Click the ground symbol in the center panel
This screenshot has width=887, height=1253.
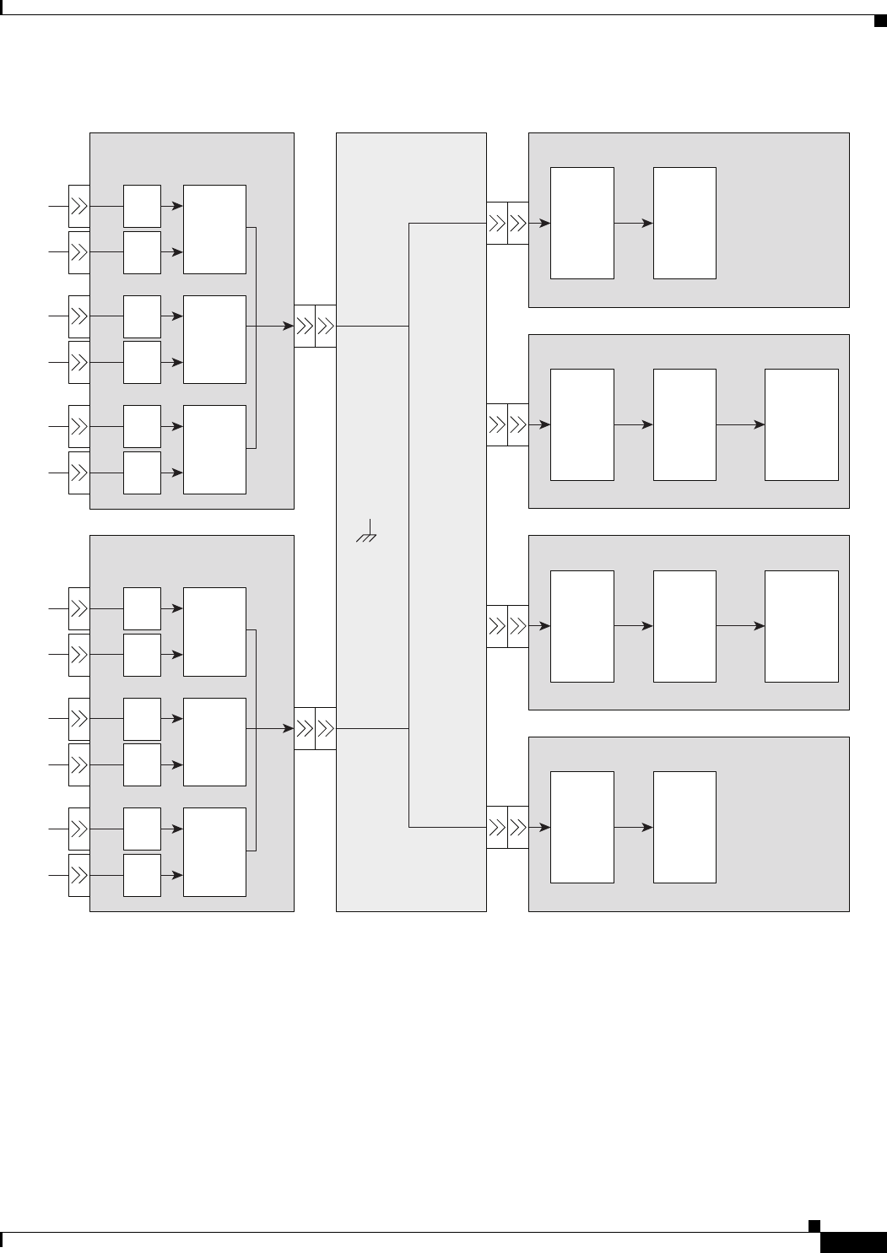(366, 534)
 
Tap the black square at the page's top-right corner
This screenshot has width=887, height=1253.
(879, 20)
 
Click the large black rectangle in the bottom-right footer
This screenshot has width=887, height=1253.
(852, 1242)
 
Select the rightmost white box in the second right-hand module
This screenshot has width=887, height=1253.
(801, 424)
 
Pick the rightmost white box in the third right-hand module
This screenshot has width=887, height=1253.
(801, 626)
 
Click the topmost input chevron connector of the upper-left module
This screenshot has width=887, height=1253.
(79, 206)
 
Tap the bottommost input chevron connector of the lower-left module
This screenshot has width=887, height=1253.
(79, 876)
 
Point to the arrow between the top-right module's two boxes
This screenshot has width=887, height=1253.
(634, 223)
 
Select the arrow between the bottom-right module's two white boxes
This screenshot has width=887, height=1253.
(634, 828)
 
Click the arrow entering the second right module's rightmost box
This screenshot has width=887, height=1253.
(741, 424)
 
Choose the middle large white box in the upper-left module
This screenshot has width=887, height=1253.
(214, 339)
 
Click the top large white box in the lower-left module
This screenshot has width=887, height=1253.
(214, 631)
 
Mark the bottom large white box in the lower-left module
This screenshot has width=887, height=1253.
(214, 851)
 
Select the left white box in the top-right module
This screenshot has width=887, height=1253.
(581, 223)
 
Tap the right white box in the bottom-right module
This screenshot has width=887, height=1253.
(684, 827)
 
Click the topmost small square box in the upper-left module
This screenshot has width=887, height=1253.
(142, 206)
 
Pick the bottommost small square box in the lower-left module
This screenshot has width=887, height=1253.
(142, 875)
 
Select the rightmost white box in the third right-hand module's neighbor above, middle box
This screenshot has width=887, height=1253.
(684, 424)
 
